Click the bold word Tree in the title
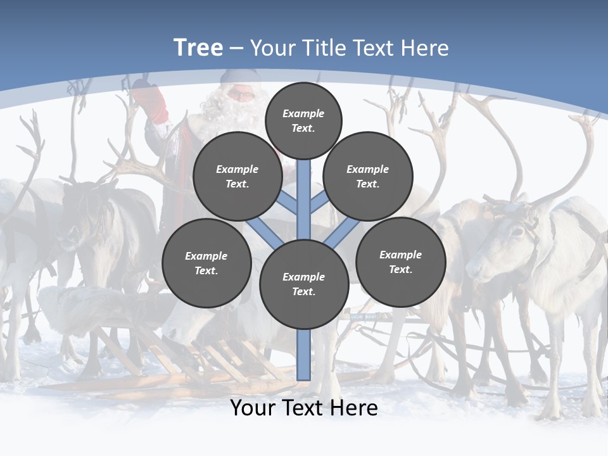[x=198, y=48]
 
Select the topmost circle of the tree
[x=303, y=120]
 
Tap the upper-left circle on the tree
[x=237, y=177]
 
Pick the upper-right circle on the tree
[x=368, y=177]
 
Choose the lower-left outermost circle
[x=206, y=263]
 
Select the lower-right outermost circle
[x=400, y=262]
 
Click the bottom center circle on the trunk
[x=304, y=284]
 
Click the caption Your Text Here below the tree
[x=304, y=408]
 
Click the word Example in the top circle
[x=303, y=113]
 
